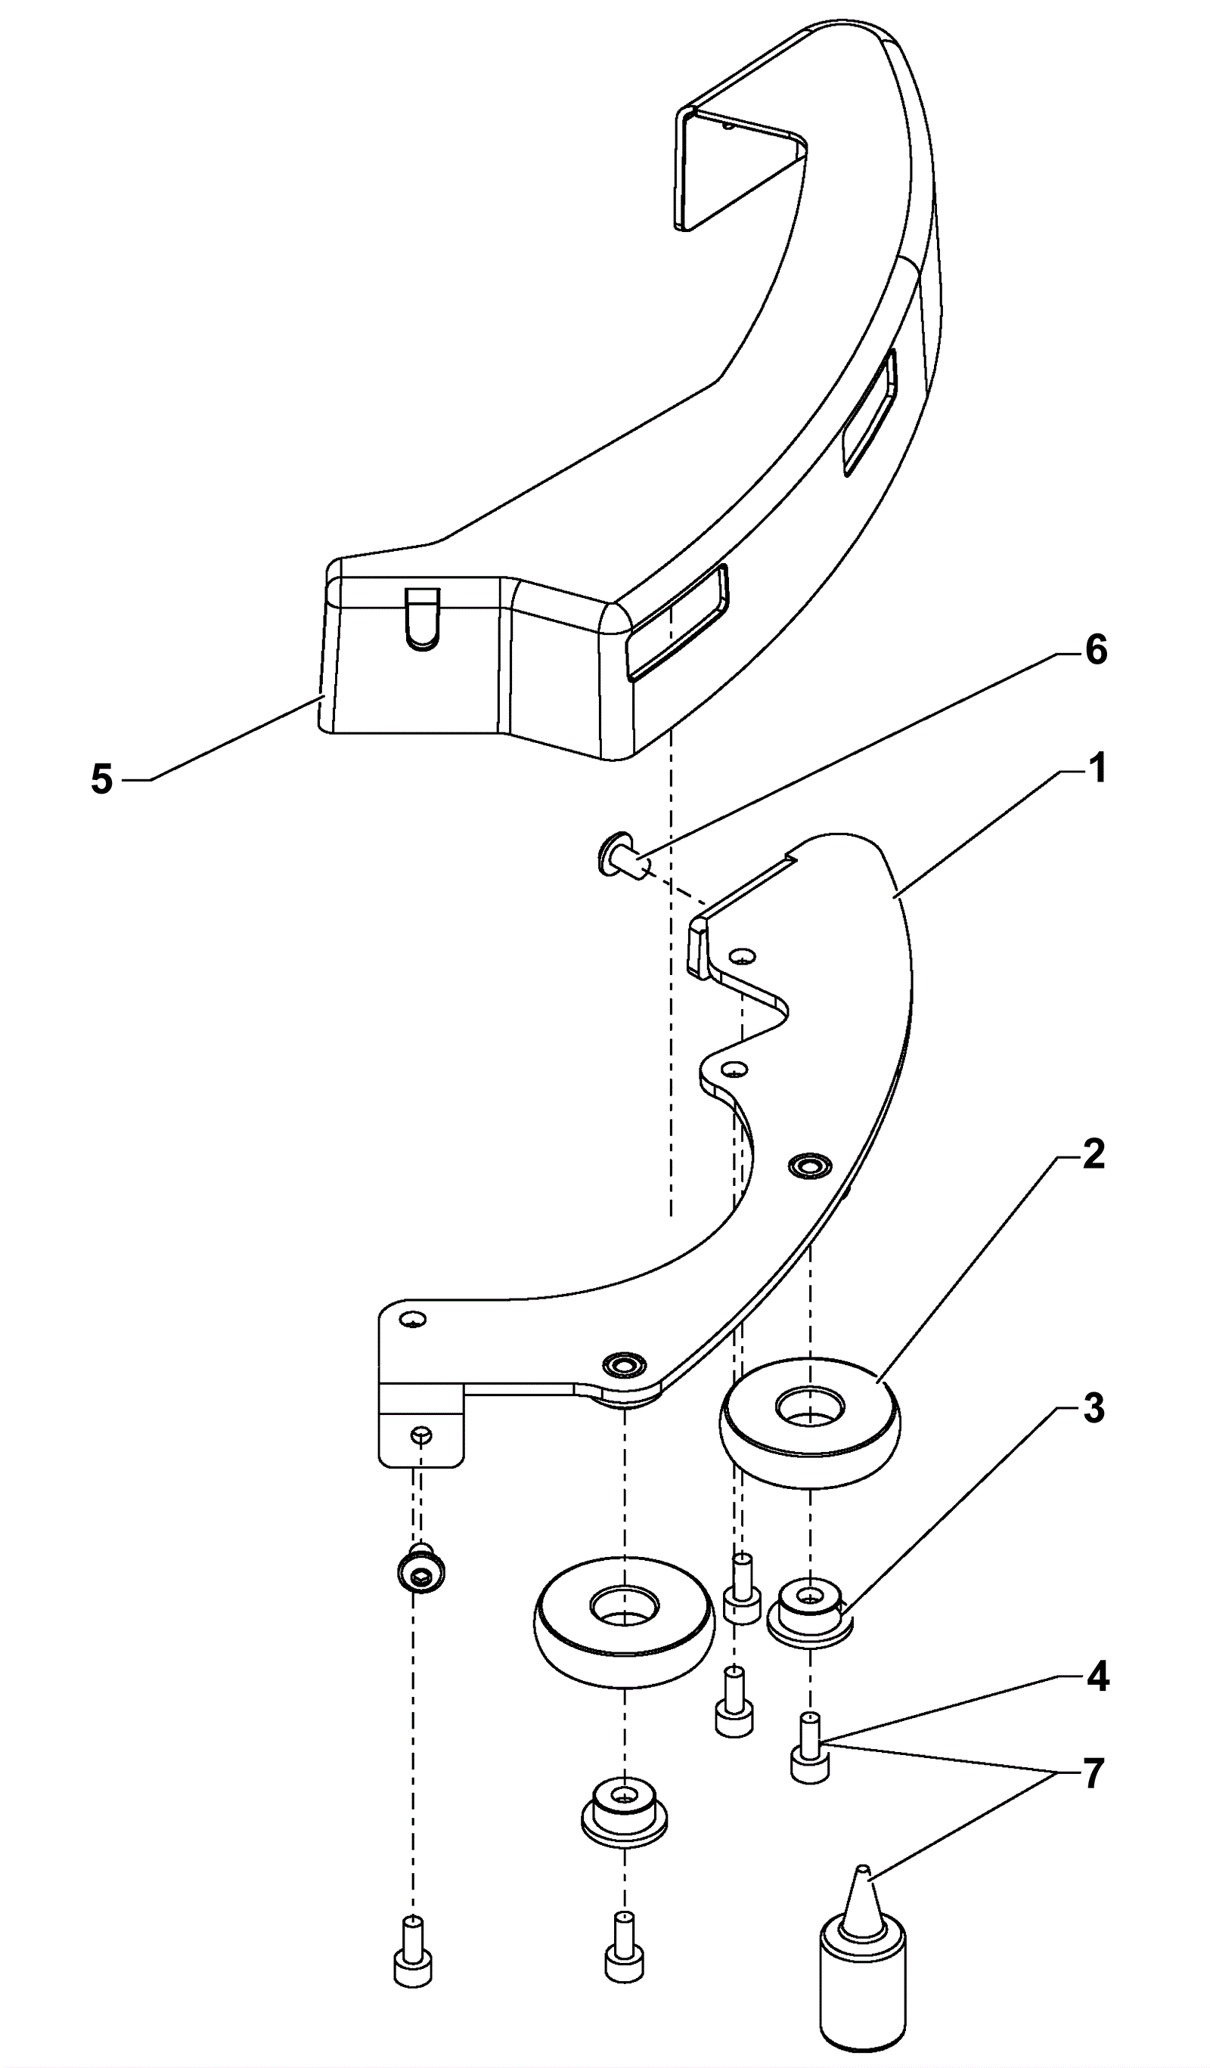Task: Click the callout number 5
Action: pyautogui.click(x=102, y=779)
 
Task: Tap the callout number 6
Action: pyautogui.click(x=1096, y=651)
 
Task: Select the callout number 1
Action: pyautogui.click(x=1097, y=769)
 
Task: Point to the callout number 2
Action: pyautogui.click(x=1094, y=1155)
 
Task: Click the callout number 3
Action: pyautogui.click(x=1094, y=1409)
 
